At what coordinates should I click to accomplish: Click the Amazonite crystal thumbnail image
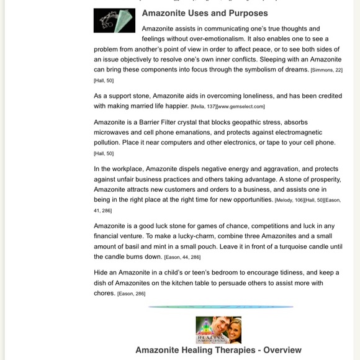click(114, 20)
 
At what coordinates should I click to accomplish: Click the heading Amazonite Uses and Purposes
click(205, 13)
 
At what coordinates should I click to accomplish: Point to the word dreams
click(295, 69)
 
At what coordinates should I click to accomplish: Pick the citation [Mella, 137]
click(203, 107)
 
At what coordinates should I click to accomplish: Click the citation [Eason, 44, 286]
click(182, 257)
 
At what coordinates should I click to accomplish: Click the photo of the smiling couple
click(218, 330)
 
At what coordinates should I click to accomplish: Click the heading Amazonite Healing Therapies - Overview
click(218, 350)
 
